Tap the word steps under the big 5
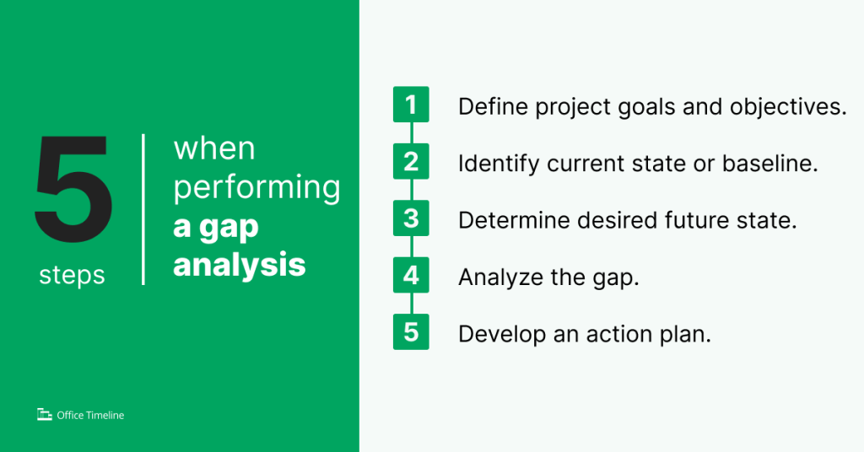pos(72,275)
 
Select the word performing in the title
pos(256,189)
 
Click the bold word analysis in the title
pos(239,265)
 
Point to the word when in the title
pos(214,149)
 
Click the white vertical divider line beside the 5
pos(143,209)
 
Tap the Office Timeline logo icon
pos(45,414)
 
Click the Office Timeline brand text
pos(90,415)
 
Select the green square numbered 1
pos(411,105)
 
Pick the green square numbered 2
pos(411,161)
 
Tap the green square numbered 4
pos(411,275)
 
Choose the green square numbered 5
pos(411,331)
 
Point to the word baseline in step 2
pos(771,164)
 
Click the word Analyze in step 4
pos(499,277)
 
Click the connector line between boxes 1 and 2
pos(411,132)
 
